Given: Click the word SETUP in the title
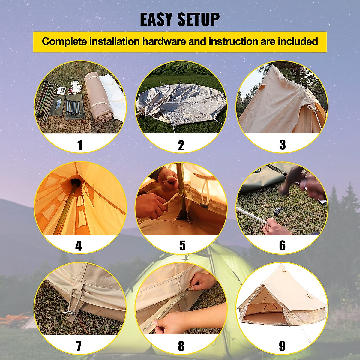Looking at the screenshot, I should click(199, 19).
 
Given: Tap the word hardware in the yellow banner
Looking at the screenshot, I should click(164, 41).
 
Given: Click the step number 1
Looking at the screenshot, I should click(80, 145).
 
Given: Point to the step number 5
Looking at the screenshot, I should click(182, 246).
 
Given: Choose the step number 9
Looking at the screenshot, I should click(282, 346).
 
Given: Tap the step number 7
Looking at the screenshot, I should click(79, 346).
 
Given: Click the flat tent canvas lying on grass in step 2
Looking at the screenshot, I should click(180, 105).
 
